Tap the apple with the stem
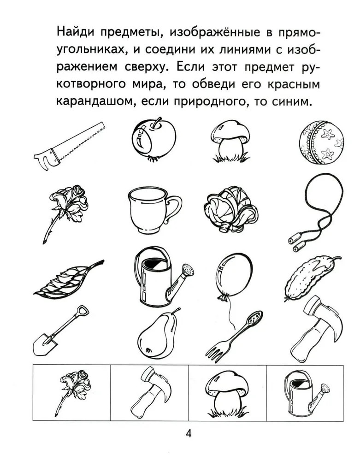point(153,139)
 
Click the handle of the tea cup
point(174,209)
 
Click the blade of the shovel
point(45,344)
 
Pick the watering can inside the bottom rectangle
point(306,394)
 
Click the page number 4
point(189,433)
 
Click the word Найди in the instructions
point(75,33)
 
